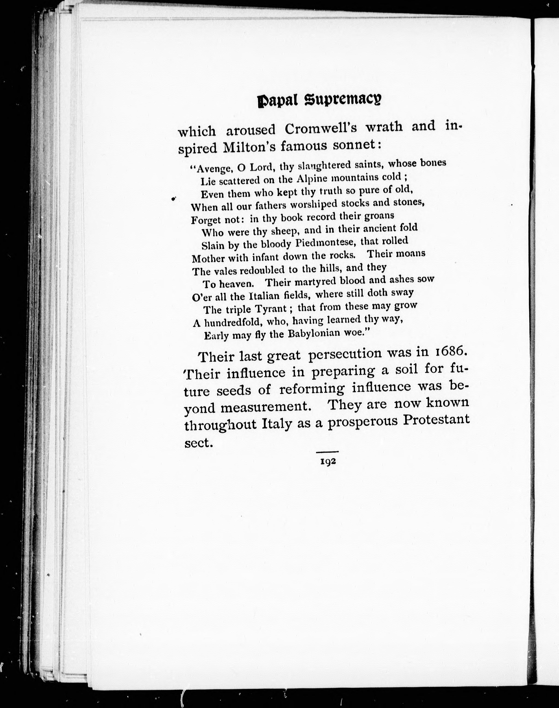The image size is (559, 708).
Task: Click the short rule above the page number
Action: pyautogui.click(x=327, y=452)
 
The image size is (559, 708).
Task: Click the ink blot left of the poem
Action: pyautogui.click(x=174, y=198)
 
